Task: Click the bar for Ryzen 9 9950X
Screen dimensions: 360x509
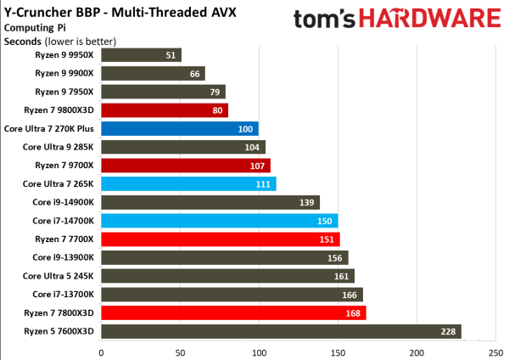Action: (x=141, y=55)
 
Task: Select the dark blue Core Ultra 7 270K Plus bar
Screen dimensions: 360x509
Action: (x=180, y=128)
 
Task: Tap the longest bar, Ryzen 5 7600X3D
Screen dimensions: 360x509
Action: (x=281, y=330)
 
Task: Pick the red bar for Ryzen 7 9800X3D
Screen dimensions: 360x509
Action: (x=164, y=110)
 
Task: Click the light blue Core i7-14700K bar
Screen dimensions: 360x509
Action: (x=219, y=220)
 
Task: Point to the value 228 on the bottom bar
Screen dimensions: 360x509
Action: (x=448, y=330)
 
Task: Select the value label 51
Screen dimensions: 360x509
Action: (x=171, y=55)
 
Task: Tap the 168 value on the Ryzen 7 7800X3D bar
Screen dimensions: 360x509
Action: (x=353, y=312)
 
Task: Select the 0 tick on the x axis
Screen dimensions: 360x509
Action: (x=101, y=352)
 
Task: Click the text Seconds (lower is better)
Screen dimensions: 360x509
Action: (x=60, y=40)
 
